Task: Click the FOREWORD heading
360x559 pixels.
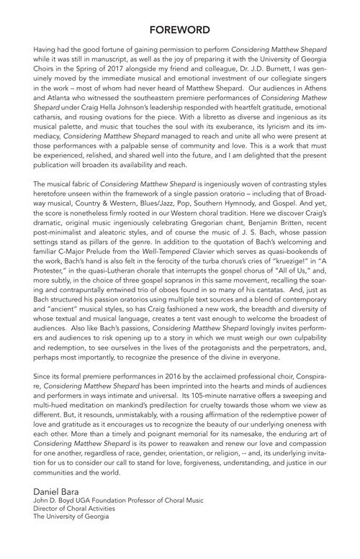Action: click(x=180, y=29)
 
